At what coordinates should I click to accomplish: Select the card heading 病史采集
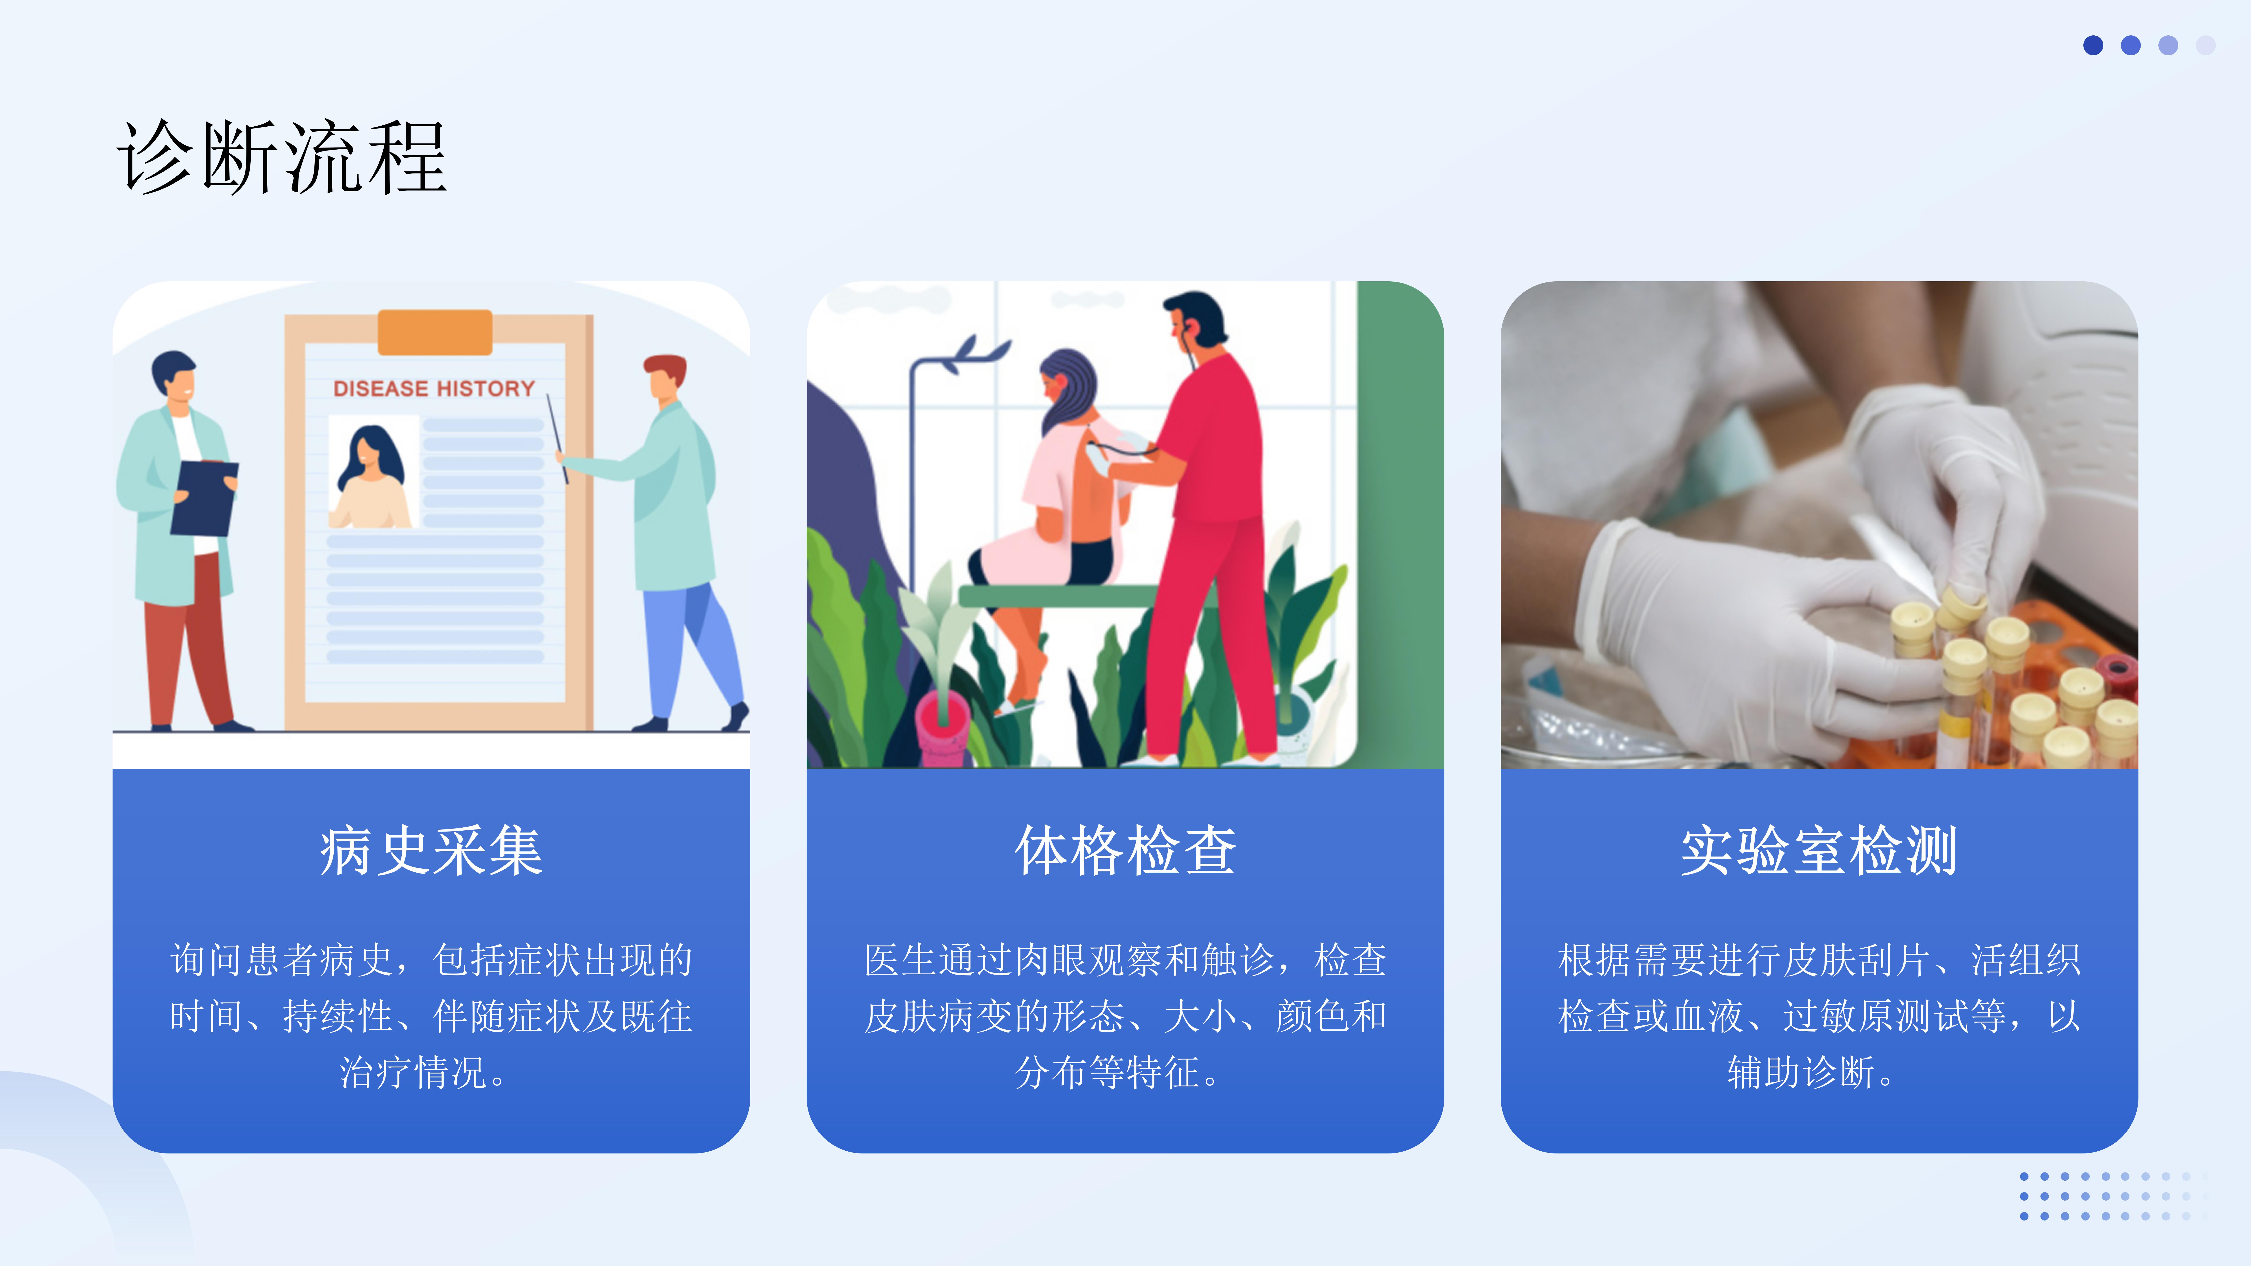[431, 850]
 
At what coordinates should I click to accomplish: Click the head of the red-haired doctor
[666, 377]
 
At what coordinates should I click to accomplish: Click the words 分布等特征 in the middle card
[1106, 1072]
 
